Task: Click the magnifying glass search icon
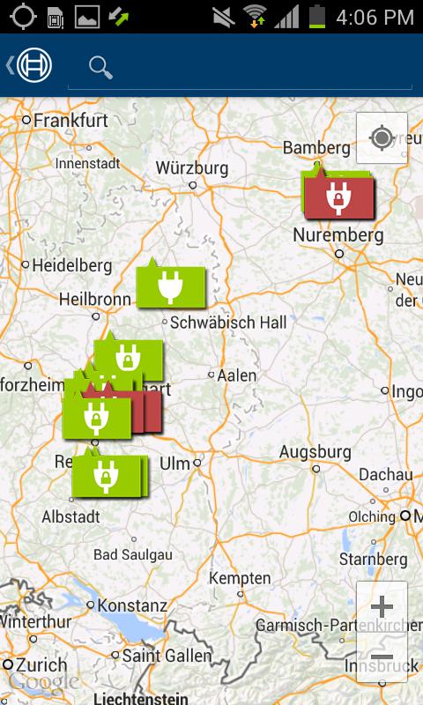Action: pos(101,67)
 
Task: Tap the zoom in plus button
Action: pos(382,606)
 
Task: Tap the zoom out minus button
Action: pos(382,657)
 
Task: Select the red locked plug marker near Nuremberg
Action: pos(339,198)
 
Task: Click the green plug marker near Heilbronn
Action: pos(170,286)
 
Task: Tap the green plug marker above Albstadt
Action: pos(106,476)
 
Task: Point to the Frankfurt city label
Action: pos(71,120)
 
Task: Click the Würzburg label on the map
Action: pos(192,167)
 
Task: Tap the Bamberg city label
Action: pos(316,148)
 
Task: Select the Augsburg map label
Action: pos(315,452)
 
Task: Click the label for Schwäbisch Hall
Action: pos(228,323)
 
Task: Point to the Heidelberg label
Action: pos(71,264)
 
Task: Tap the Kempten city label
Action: pos(240,578)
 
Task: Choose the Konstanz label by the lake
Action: pos(132,605)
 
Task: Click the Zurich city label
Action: pos(41,664)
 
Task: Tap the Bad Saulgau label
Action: pos(134,554)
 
